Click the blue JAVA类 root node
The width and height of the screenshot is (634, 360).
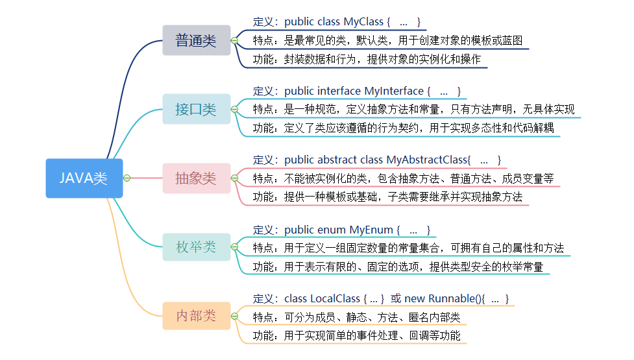tap(84, 178)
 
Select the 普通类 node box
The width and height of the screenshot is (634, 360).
tap(196, 40)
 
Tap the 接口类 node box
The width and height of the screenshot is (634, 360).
tap(196, 109)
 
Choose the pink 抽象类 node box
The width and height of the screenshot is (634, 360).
tap(196, 178)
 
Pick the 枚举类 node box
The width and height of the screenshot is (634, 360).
tap(196, 247)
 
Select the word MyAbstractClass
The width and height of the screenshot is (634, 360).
tap(427, 160)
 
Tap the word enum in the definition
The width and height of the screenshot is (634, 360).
tap(332, 230)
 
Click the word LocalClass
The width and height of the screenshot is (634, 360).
tap(335, 298)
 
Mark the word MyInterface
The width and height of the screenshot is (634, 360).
tap(395, 91)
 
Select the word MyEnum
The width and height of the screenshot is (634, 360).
tap(371, 230)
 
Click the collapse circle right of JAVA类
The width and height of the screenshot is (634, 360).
tap(127, 178)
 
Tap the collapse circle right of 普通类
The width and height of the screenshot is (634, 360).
tap(235, 40)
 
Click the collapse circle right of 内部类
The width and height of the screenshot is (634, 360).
tap(235, 317)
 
